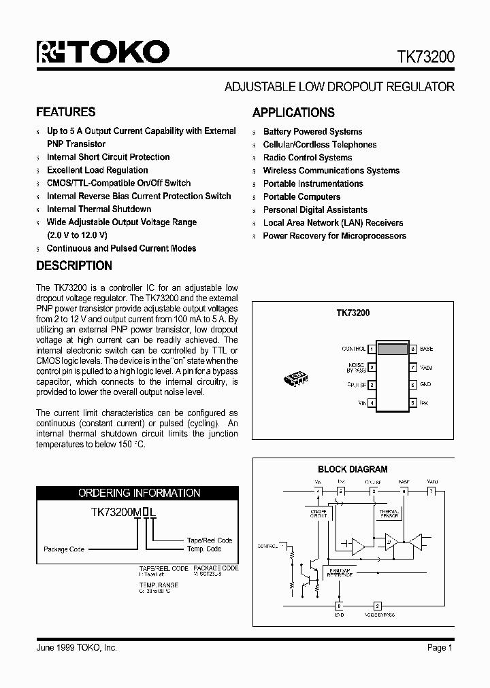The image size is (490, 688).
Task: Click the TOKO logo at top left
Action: (103, 52)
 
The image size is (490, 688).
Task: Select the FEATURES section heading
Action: (65, 112)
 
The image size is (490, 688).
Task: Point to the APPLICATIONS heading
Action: (293, 113)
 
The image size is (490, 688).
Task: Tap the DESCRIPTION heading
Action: (73, 266)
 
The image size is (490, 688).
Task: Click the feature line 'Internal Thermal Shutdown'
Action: (99, 209)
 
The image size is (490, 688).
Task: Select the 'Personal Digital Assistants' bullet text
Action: (315, 210)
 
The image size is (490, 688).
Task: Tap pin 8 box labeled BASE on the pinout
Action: (412, 349)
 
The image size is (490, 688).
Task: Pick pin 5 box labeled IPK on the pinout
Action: (412, 403)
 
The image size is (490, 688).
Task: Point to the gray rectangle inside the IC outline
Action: (393, 350)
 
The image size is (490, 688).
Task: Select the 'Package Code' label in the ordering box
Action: (64, 549)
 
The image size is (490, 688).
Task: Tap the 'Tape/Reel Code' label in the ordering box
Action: (210, 540)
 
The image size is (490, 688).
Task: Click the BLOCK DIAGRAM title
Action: (353, 469)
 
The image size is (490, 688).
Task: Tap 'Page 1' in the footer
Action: (440, 648)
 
